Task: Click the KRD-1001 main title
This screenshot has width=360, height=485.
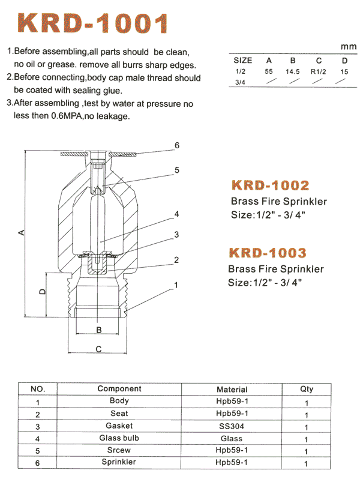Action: click(x=93, y=23)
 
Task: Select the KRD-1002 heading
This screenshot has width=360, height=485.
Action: click(x=271, y=185)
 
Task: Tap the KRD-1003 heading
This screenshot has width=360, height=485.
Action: click(x=268, y=253)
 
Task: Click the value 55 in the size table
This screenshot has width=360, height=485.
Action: click(x=269, y=71)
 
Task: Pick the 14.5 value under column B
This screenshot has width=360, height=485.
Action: click(x=293, y=71)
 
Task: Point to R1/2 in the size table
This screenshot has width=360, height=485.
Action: click(x=319, y=71)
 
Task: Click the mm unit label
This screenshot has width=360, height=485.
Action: click(x=349, y=47)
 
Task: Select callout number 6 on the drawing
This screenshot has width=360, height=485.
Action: click(x=177, y=145)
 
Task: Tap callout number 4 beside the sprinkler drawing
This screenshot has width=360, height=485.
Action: click(x=176, y=214)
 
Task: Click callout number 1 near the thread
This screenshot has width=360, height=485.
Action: click(x=176, y=285)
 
